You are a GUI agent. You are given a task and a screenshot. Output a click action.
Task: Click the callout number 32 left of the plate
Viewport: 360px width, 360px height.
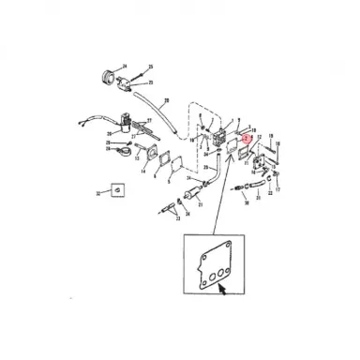coord(97,194)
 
